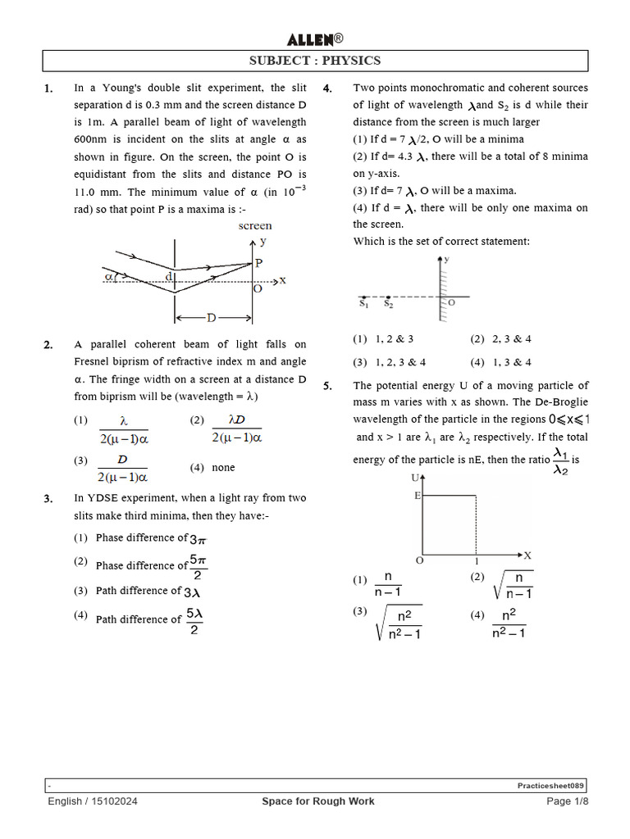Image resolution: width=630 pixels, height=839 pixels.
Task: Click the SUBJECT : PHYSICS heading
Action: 315,61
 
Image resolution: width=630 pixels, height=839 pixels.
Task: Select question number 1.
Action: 48,88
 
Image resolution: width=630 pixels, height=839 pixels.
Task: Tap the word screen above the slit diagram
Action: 255,225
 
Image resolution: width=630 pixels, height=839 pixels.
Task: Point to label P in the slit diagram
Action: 259,263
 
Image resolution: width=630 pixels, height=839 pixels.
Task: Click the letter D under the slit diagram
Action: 212,317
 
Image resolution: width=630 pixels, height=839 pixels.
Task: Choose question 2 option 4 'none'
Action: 223,468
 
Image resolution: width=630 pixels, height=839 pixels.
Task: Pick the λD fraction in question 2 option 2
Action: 236,428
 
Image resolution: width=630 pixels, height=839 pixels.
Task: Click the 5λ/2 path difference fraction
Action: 194,620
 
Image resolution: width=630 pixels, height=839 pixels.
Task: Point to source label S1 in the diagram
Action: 364,304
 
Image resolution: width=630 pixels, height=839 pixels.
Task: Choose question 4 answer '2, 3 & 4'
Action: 511,339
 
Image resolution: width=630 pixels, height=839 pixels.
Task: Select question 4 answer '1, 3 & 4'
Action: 511,362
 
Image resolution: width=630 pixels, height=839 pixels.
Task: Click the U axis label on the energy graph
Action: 415,477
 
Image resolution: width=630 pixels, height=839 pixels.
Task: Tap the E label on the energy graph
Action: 418,496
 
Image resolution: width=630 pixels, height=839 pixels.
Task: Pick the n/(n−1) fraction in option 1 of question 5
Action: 386,584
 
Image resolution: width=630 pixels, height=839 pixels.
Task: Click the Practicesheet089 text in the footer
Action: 550,785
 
